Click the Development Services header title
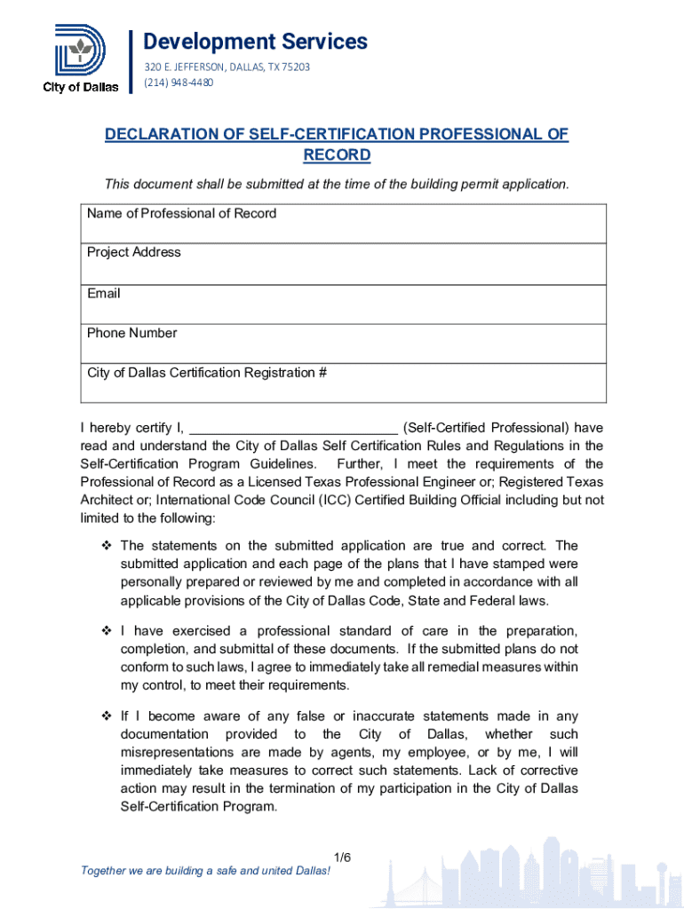click(x=255, y=42)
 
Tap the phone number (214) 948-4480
click(x=179, y=83)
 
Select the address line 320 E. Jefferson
click(x=227, y=67)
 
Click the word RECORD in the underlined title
click(x=337, y=155)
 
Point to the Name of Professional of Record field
click(x=346, y=224)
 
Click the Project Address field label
click(x=133, y=252)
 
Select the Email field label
click(x=103, y=293)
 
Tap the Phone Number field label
click(x=131, y=333)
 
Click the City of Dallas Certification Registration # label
click(x=207, y=373)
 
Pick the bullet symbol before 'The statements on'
click(x=107, y=545)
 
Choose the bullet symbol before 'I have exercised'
click(x=107, y=631)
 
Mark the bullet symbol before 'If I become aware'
click(x=107, y=716)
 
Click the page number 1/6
click(x=343, y=857)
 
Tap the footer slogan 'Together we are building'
click(x=205, y=871)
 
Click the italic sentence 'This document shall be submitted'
click(x=336, y=184)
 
